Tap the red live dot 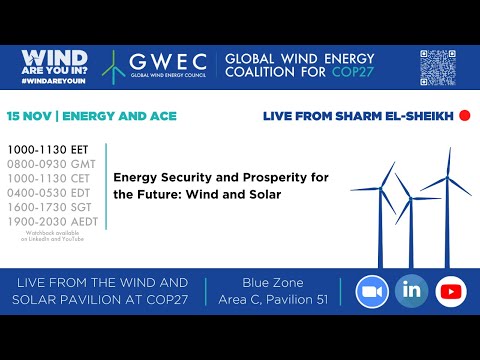(463, 116)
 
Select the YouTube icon (451, 292)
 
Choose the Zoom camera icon (372, 292)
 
